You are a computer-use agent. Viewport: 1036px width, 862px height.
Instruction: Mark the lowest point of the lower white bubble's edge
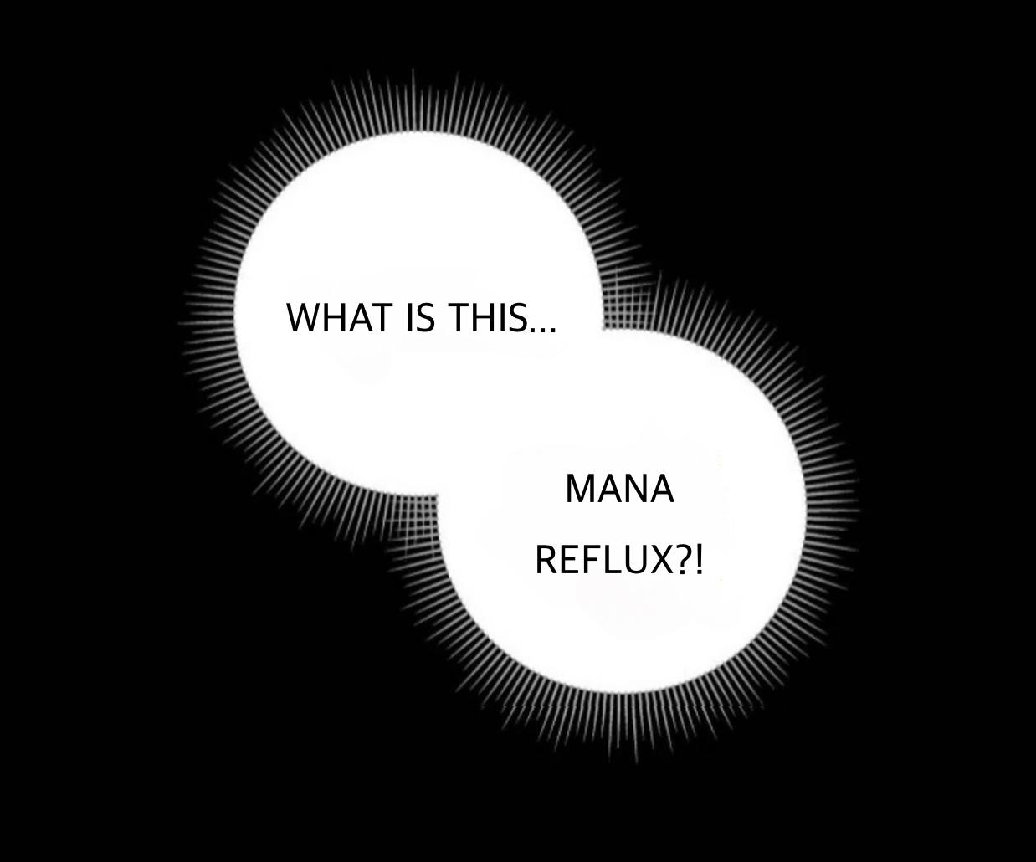[621, 693]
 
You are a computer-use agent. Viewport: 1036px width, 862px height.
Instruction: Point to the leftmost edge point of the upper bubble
[233, 315]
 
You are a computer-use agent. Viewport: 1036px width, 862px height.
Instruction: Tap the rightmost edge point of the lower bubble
[806, 511]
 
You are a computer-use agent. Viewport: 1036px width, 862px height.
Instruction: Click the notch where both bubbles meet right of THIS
[603, 329]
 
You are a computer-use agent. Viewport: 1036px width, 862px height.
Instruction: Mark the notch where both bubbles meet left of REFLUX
[437, 495]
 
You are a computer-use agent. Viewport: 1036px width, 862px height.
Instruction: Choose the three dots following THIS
[543, 328]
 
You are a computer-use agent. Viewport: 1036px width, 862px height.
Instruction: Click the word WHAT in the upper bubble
[340, 318]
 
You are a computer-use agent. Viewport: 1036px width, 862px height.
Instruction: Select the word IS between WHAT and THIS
[421, 318]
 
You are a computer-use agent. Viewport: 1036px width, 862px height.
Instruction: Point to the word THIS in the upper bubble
[487, 318]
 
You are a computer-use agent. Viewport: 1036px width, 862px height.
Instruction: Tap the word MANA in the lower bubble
[620, 489]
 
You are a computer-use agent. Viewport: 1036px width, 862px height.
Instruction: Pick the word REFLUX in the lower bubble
[604, 560]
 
